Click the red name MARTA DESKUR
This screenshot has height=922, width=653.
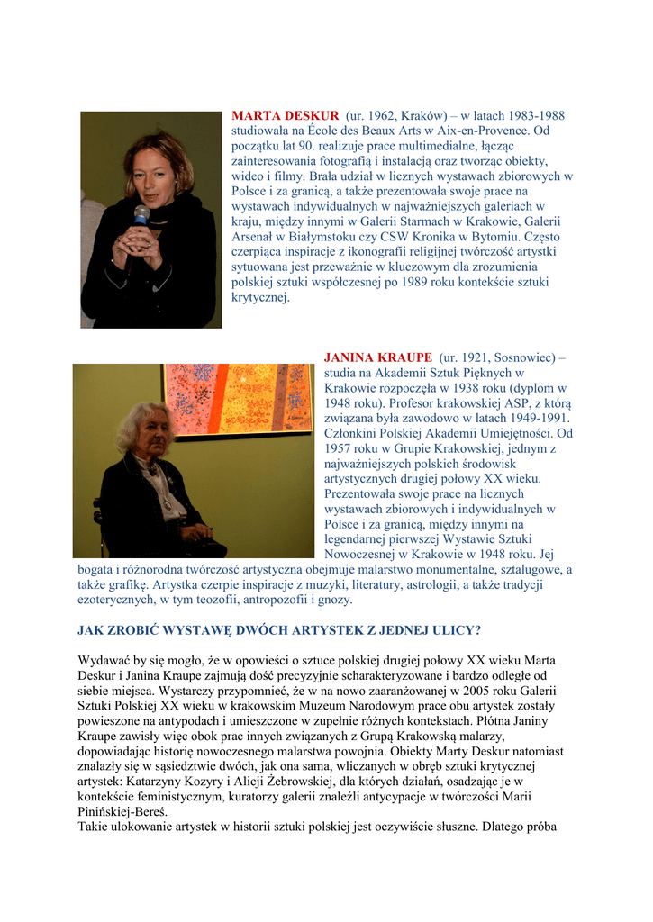tap(286, 116)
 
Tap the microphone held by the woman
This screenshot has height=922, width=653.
tap(141, 215)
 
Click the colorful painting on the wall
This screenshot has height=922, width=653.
tap(239, 397)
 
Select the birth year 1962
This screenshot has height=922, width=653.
tap(383, 116)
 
